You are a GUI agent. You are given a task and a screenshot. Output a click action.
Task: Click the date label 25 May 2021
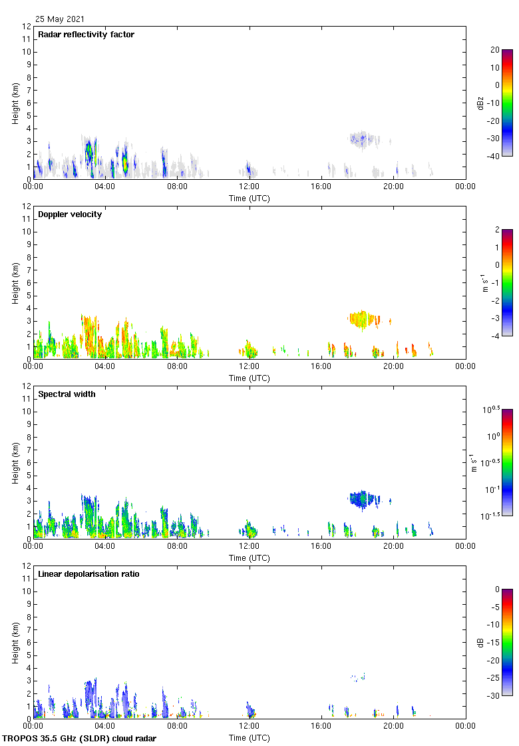pyautogui.click(x=60, y=19)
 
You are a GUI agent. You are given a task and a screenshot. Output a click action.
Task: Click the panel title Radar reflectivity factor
pyautogui.click(x=86, y=35)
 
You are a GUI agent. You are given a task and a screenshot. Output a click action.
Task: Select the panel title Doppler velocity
pyautogui.click(x=70, y=214)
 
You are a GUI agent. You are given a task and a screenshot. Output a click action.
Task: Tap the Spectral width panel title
pyautogui.click(x=67, y=394)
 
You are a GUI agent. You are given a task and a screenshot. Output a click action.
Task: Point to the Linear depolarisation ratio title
pyautogui.click(x=88, y=574)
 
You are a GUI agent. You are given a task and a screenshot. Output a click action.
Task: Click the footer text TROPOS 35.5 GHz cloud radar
pyautogui.click(x=80, y=739)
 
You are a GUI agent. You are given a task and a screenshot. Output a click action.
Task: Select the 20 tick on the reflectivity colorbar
pyautogui.click(x=495, y=50)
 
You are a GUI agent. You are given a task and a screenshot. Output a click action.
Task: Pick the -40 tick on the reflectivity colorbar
pyautogui.click(x=494, y=157)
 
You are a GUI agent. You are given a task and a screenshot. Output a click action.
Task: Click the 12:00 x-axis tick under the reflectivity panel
pyautogui.click(x=250, y=187)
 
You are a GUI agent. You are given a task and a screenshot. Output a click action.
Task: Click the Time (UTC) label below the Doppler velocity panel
pyautogui.click(x=250, y=378)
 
